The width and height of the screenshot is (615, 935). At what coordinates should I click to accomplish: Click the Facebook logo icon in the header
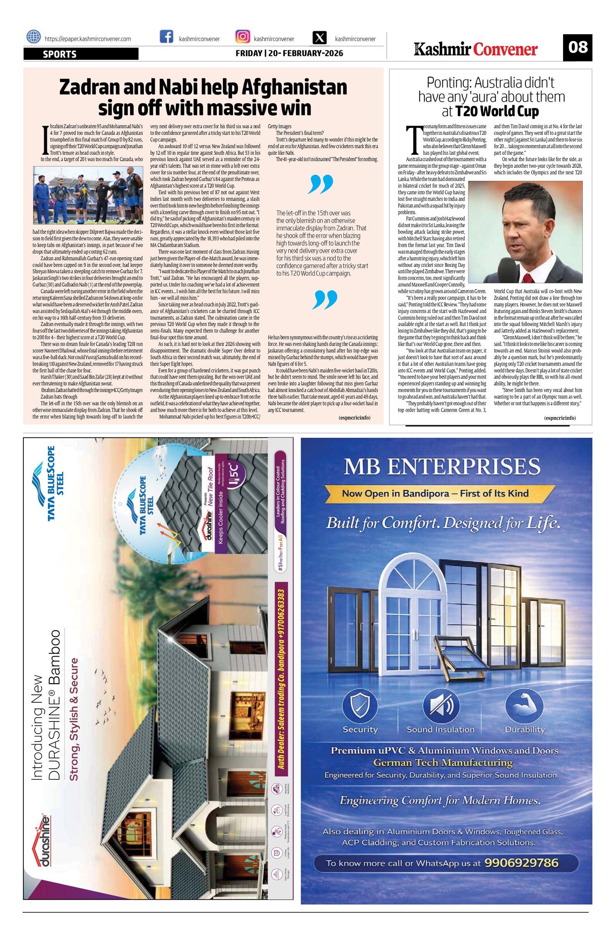pos(167,37)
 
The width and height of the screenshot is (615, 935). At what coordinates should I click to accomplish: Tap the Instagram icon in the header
pos(242,37)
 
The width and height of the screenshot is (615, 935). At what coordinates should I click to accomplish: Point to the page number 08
pos(577,47)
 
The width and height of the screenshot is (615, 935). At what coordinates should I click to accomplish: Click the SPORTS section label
pos(60,54)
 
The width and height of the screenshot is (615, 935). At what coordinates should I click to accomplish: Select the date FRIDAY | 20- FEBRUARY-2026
pos(289,53)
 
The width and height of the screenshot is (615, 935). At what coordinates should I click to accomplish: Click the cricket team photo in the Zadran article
pos(88,195)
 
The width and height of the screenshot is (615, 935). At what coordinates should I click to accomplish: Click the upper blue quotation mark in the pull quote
pos(321,185)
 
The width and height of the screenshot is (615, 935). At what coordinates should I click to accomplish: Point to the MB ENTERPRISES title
pos(442,467)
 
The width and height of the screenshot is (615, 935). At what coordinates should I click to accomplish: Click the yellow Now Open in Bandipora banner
pos(435,493)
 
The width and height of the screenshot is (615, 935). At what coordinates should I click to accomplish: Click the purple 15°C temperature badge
pos(239,472)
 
